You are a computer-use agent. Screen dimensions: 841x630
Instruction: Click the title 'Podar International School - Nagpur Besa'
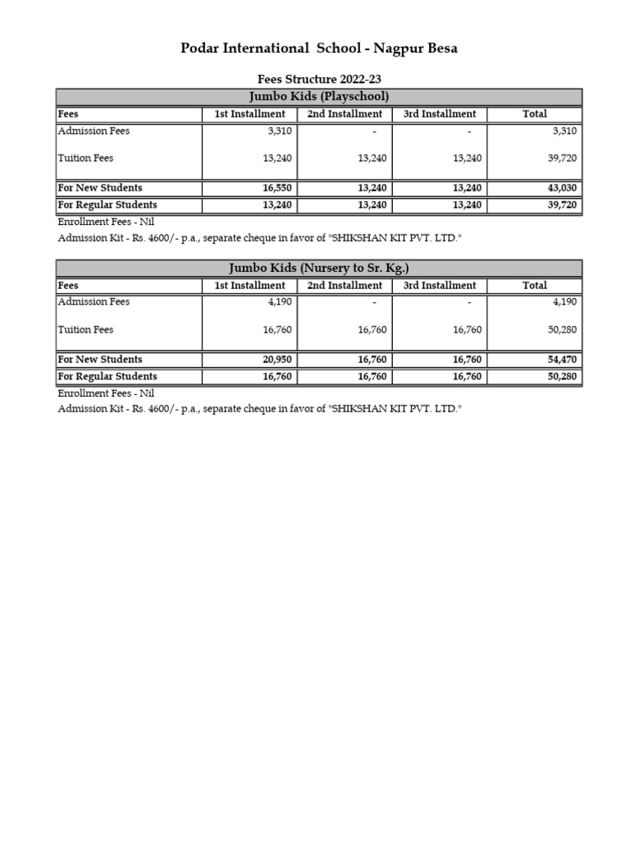click(319, 48)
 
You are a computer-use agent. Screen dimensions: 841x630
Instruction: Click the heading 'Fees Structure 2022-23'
click(319, 80)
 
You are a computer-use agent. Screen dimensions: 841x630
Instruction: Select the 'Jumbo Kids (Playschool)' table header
click(319, 97)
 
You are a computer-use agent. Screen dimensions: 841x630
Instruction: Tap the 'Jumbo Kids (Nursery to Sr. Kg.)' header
click(319, 269)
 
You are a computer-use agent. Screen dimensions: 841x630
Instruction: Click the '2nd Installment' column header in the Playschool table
click(345, 114)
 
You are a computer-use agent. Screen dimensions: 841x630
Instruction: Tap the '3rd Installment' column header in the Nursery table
click(440, 286)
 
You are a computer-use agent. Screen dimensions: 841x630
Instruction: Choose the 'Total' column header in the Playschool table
click(534, 114)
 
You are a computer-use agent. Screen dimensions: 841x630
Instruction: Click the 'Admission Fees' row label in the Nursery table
click(94, 301)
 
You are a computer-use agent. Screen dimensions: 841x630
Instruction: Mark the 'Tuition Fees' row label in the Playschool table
click(85, 159)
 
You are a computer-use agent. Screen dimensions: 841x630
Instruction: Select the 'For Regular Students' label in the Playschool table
click(107, 205)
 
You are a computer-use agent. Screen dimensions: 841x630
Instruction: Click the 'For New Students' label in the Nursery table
click(99, 360)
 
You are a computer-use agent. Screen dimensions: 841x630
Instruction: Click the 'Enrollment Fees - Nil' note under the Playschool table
click(106, 222)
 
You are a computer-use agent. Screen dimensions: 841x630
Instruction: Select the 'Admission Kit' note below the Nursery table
click(259, 409)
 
